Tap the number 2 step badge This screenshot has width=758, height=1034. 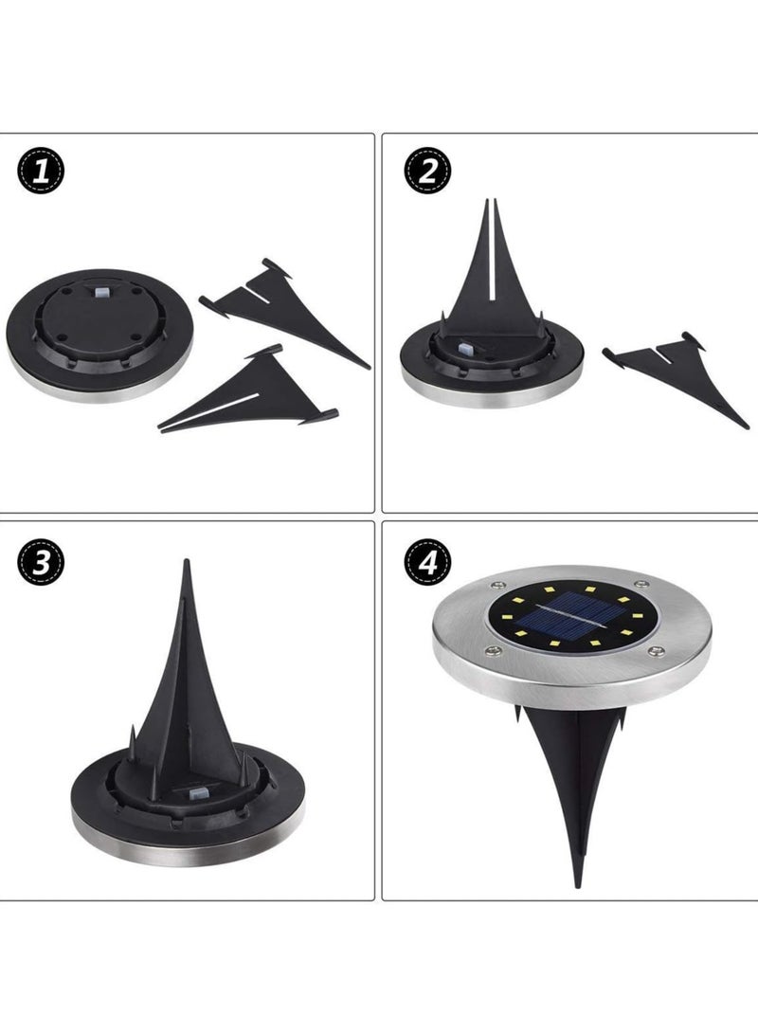(x=427, y=172)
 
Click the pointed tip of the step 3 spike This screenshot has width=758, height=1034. (x=187, y=565)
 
